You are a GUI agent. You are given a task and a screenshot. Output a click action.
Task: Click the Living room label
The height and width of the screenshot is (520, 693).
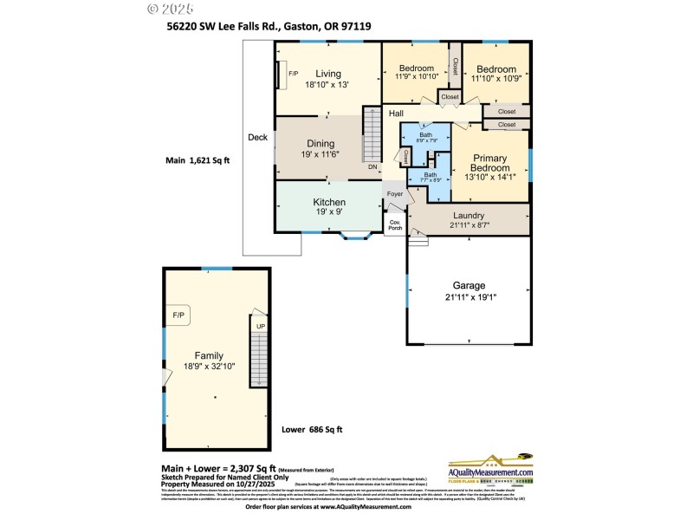[x=327, y=74]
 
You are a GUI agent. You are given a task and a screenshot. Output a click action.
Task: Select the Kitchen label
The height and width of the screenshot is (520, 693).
[x=328, y=202]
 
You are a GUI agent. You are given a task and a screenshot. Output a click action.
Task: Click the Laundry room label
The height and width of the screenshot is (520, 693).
[x=468, y=216]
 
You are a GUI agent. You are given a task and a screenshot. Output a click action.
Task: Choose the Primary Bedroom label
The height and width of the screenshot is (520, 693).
[x=489, y=164]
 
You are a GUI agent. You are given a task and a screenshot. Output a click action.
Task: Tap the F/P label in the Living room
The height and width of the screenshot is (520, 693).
[x=293, y=74]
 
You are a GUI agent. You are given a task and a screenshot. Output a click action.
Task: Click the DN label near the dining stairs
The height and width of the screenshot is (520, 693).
[x=372, y=166]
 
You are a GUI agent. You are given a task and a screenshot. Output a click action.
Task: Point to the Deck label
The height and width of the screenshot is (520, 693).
[x=257, y=137]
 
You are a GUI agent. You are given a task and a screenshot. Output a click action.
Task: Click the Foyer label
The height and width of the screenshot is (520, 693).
[x=395, y=194]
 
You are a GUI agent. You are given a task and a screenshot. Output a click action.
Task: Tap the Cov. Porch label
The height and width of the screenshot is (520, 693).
[x=395, y=224]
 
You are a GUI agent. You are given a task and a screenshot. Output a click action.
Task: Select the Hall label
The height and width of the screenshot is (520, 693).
[x=396, y=114]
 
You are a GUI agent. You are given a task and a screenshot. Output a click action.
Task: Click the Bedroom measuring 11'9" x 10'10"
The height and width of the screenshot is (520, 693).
[x=416, y=68]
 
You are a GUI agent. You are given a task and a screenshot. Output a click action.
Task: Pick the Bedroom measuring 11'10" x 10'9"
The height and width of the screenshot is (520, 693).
[x=495, y=68]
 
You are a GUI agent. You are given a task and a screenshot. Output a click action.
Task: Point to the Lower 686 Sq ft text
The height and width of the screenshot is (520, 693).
[x=312, y=429]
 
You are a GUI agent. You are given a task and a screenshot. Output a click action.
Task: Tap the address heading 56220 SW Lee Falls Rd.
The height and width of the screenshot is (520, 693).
[x=269, y=27]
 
